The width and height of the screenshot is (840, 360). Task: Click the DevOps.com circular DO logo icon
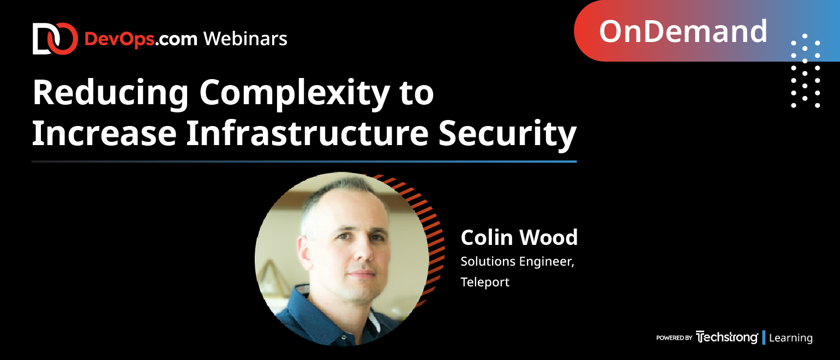click(55, 39)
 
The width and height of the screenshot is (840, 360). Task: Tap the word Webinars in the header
click(245, 39)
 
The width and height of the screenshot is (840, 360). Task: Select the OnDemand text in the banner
click(683, 32)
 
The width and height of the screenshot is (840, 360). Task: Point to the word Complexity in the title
click(295, 94)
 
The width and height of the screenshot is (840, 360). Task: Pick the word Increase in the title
click(104, 133)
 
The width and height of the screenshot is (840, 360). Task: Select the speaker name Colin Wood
click(519, 237)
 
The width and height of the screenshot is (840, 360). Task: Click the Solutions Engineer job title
click(518, 262)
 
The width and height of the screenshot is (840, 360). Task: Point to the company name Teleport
click(485, 282)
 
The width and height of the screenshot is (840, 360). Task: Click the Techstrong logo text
click(727, 337)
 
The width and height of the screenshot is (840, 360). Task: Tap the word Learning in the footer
click(790, 338)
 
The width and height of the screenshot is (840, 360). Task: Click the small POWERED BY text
click(674, 338)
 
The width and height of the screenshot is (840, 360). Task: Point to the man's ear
click(304, 253)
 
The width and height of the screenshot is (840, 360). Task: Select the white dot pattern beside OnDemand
click(805, 70)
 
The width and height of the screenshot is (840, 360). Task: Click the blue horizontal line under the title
click(304, 161)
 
